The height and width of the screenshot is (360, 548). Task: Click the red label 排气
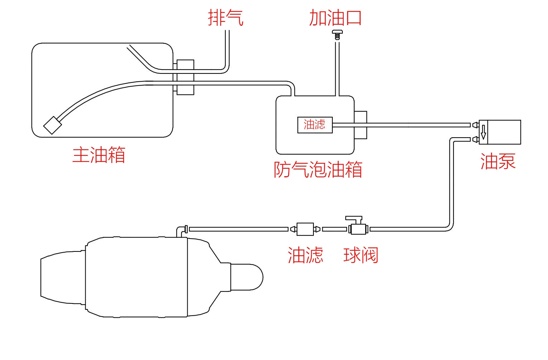click(x=226, y=18)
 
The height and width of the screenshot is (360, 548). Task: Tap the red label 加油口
click(x=335, y=18)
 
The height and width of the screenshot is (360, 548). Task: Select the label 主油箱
click(x=99, y=155)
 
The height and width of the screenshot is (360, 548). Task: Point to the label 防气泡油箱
click(x=318, y=169)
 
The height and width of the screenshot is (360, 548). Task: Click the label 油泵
click(x=498, y=161)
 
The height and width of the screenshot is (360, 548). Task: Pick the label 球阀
click(x=361, y=255)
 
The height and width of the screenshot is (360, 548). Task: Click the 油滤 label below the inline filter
click(x=305, y=255)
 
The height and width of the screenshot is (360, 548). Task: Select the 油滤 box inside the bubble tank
click(x=315, y=125)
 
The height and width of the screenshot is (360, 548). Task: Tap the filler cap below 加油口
click(x=337, y=35)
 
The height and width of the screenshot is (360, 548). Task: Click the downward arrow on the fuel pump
click(x=483, y=132)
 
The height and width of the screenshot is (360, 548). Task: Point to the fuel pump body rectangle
click(x=501, y=132)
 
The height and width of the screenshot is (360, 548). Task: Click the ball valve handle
click(x=354, y=218)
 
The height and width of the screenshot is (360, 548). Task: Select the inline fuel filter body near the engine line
click(x=305, y=229)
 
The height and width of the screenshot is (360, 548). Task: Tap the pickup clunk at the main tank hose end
click(x=52, y=125)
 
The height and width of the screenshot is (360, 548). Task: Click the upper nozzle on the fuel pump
click(x=475, y=125)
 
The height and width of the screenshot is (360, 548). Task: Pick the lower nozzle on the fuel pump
click(x=475, y=139)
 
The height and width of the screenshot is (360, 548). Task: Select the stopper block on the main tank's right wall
click(x=185, y=77)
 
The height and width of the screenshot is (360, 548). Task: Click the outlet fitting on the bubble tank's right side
click(x=361, y=125)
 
